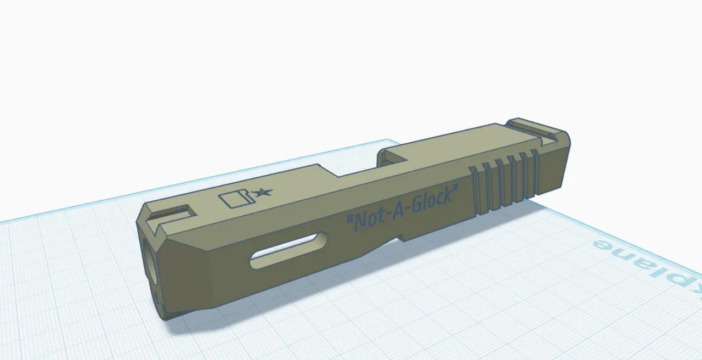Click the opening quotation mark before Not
(x=348, y=222)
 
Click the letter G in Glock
(x=415, y=206)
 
